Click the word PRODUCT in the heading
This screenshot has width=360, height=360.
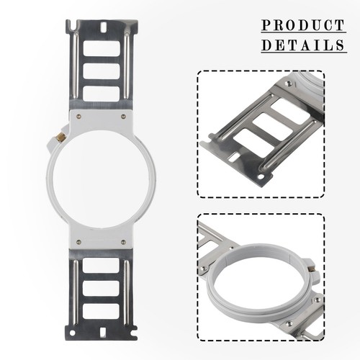coord(303,25)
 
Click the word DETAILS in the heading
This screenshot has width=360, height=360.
coord(303,45)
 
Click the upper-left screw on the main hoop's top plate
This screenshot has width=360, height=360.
coord(78,117)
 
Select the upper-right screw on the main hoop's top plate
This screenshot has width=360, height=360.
coord(123,117)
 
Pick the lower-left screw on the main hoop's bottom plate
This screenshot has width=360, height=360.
coord(78,242)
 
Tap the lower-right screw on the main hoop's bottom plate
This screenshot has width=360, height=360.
coord(123,242)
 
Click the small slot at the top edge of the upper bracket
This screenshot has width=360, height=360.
coord(104,27)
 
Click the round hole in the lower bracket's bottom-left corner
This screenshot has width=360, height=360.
coord(72,333)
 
